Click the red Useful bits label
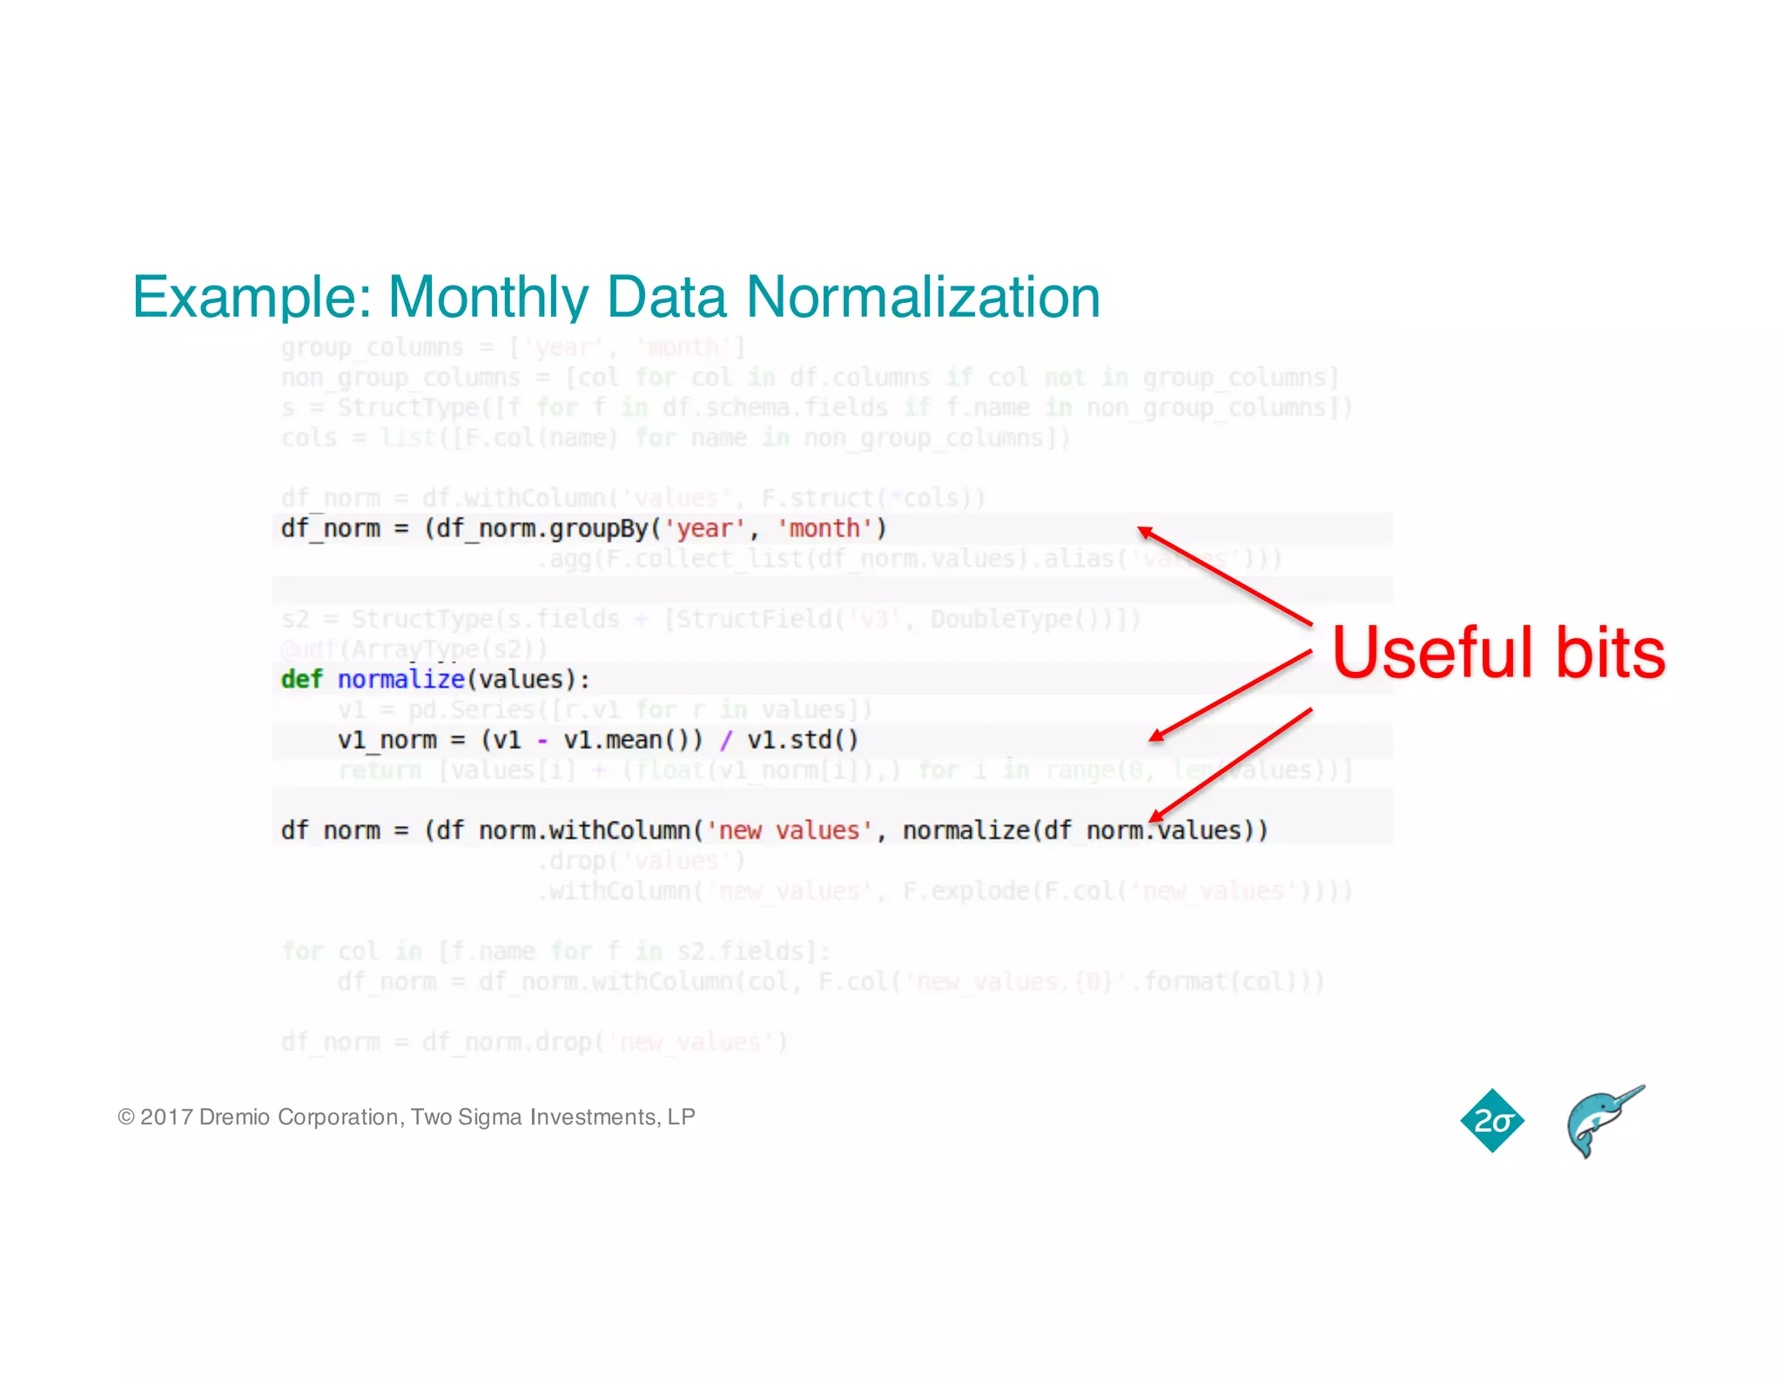[1498, 653]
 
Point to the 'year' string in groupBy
[703, 528]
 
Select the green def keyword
[301, 679]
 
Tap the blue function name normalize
[400, 679]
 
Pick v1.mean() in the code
[633, 740]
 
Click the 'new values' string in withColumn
[789, 830]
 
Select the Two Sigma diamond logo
[1492, 1121]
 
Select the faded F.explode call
[958, 890]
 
